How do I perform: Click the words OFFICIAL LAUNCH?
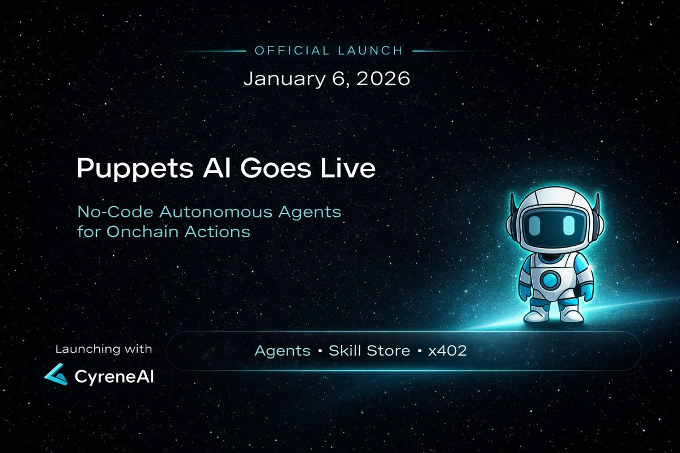coord(329,50)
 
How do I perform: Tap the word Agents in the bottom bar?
coord(282,351)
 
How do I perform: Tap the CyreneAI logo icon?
coord(57,374)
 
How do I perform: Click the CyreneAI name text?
coord(114,375)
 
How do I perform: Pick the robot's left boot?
coord(535,313)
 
